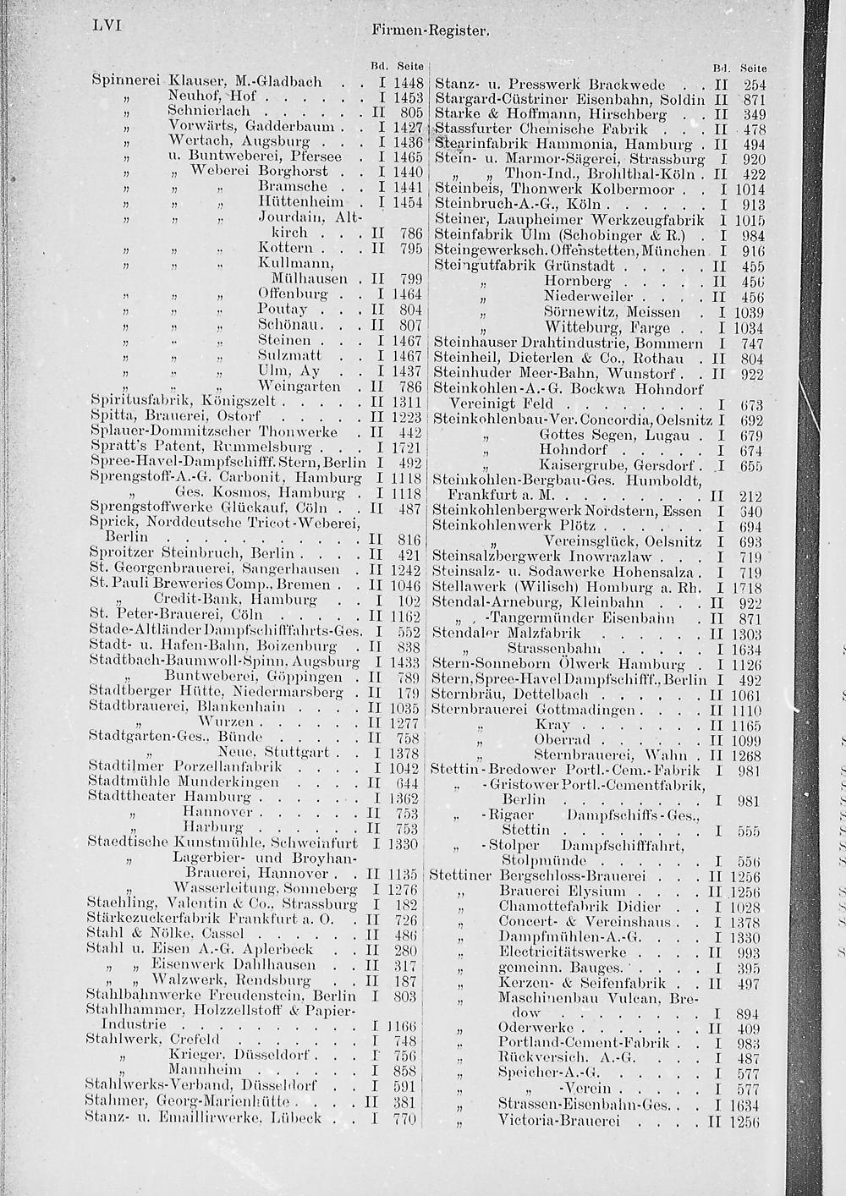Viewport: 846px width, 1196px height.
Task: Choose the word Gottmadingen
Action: (x=589, y=710)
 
